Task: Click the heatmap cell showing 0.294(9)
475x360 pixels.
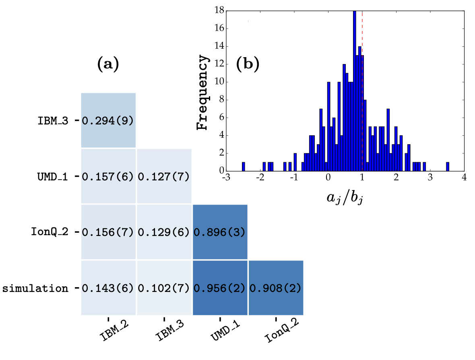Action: point(108,120)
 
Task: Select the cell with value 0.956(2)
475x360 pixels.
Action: point(220,288)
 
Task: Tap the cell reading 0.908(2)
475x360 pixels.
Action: point(276,288)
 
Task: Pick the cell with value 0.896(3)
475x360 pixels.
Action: point(220,232)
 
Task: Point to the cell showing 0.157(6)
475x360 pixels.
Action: point(108,176)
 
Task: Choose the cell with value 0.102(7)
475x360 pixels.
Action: point(164,288)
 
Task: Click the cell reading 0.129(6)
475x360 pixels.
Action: point(164,232)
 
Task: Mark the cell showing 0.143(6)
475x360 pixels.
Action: point(108,288)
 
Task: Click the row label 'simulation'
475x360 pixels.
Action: point(35,288)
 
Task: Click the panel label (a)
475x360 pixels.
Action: point(108,64)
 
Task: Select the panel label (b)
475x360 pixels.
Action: point(248,64)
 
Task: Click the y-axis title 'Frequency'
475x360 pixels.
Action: point(203,93)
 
